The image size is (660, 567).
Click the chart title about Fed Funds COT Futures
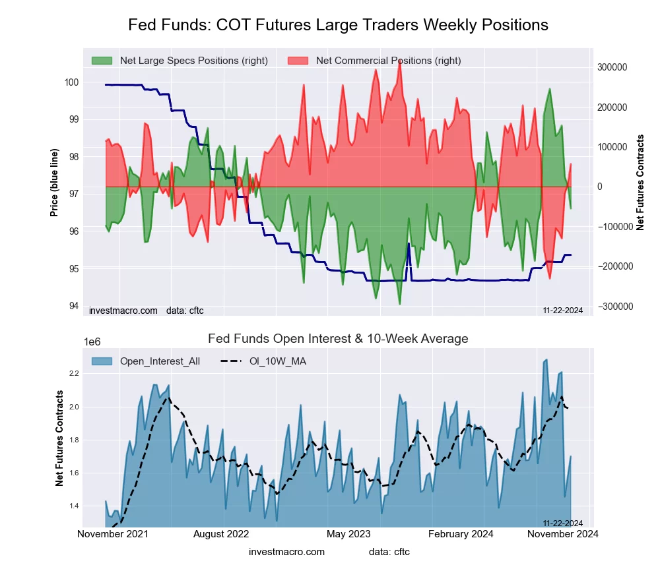pyautogui.click(x=338, y=25)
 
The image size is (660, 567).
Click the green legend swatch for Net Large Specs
pyautogui.click(x=102, y=61)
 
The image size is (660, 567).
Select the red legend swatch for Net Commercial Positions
pyautogui.click(x=298, y=61)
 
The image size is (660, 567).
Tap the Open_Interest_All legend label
pyautogui.click(x=160, y=361)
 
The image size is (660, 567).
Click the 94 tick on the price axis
pyautogui.click(x=74, y=306)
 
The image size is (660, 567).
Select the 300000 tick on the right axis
pyautogui.click(x=612, y=67)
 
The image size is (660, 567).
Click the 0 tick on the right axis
pyautogui.click(x=601, y=187)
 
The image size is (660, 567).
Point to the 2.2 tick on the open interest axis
pyautogui.click(x=73, y=374)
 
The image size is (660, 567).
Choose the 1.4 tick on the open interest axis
pyautogui.click(x=73, y=506)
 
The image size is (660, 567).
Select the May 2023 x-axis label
pyautogui.click(x=348, y=534)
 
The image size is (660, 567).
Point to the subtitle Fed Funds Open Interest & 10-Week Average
pyautogui.click(x=338, y=339)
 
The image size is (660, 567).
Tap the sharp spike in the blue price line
pyautogui.click(x=409, y=245)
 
